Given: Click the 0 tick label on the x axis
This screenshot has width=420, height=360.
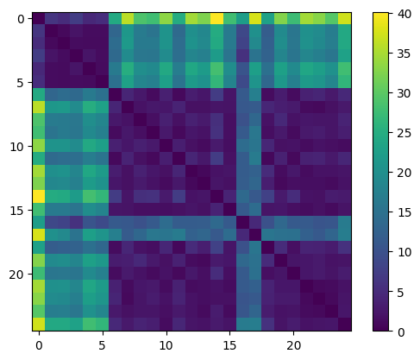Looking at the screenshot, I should tap(39, 344).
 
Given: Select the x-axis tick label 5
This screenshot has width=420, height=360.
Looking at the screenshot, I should tap(103, 344).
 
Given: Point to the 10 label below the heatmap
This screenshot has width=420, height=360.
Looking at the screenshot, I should tap(166, 344).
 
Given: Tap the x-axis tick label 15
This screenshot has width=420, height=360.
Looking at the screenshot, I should tap(230, 344).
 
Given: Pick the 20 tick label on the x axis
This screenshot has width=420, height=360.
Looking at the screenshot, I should tap(294, 344).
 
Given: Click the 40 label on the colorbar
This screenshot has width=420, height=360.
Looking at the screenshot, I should tap(402, 13).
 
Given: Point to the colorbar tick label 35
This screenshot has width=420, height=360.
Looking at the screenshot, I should tap(402, 53).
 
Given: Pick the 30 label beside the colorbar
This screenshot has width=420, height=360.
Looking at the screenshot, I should tap(402, 92).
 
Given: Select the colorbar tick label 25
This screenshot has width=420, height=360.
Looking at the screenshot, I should tap(402, 132).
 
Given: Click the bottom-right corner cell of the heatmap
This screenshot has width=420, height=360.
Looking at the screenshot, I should tap(345, 325).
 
